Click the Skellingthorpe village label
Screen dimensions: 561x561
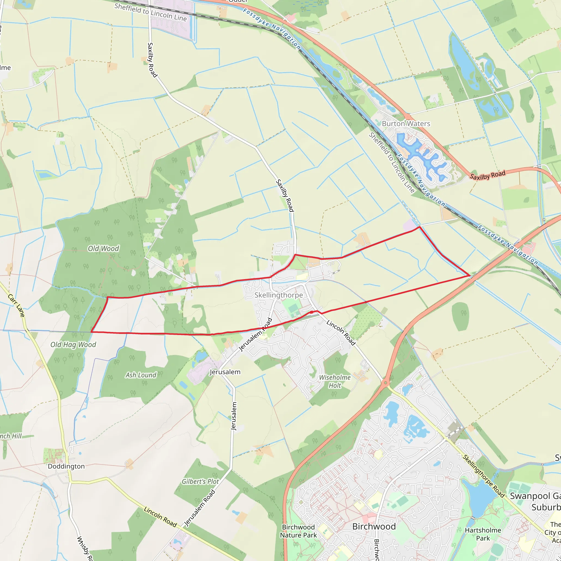pos(279,295)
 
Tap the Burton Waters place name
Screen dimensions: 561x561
pos(406,124)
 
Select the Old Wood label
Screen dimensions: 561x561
pos(103,248)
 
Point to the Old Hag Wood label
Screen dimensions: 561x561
pos(73,344)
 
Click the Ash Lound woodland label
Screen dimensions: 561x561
pos(141,375)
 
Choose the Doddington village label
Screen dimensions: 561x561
pos(66,466)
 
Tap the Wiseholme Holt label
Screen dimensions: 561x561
pos(334,381)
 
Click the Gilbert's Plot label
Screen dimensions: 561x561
pos(200,482)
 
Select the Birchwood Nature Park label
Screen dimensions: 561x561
pos(298,531)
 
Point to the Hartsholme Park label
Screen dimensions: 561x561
pos(483,534)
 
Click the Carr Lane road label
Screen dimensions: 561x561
pos(16,305)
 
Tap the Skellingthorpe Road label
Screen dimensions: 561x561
pos(483,476)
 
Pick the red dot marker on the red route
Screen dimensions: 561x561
pos(311,312)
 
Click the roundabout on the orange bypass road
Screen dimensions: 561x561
pos(385,383)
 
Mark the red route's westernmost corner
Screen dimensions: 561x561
pos(91,332)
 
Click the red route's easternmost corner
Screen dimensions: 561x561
pos(470,275)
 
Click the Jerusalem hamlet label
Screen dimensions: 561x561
pos(225,372)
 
